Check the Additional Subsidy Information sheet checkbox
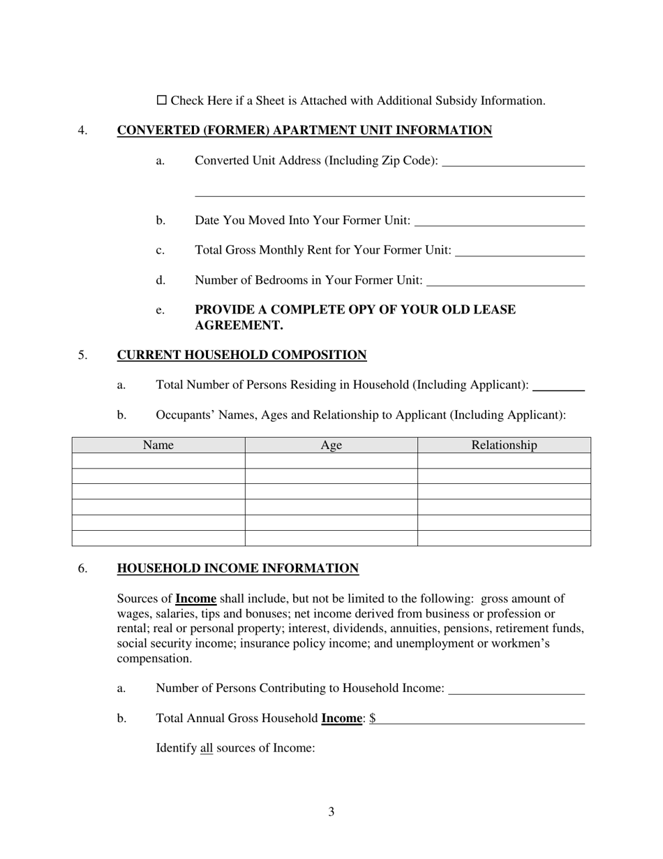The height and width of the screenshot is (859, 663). point(161,101)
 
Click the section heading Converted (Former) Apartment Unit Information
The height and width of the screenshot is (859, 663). point(304,131)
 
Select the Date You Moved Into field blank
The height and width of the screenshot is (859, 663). point(499,221)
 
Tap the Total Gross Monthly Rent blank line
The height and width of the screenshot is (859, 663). point(519,251)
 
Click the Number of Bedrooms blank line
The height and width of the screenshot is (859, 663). point(505,281)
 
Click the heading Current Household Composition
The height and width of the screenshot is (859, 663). point(241,355)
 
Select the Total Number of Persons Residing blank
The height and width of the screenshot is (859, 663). point(558,386)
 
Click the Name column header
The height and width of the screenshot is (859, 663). point(158,446)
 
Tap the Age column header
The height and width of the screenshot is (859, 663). point(331,446)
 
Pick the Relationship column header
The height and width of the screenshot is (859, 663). point(504,446)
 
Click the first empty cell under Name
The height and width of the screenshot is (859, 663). point(158,461)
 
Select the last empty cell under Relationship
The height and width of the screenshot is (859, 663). point(504,538)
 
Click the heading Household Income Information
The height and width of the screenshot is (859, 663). point(238,568)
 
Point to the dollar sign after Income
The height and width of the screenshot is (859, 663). point(373,719)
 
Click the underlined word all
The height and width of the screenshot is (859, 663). point(206,749)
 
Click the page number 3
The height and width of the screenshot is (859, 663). point(331,812)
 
